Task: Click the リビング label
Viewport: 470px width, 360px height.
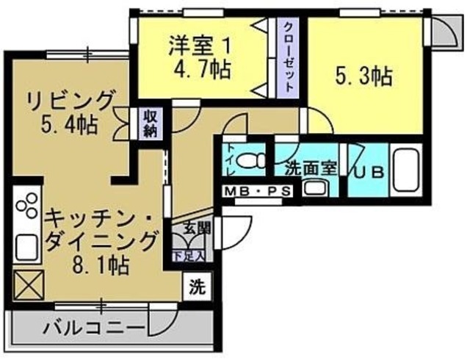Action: (70, 100)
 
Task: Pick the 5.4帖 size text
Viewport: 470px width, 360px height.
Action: (71, 123)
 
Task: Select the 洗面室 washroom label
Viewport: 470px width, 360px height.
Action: (311, 167)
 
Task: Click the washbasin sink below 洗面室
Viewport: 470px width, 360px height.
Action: (313, 187)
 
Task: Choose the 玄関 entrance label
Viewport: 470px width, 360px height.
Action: (193, 228)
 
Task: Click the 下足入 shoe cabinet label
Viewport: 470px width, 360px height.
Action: (189, 256)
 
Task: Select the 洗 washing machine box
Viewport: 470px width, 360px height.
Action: (195, 286)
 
